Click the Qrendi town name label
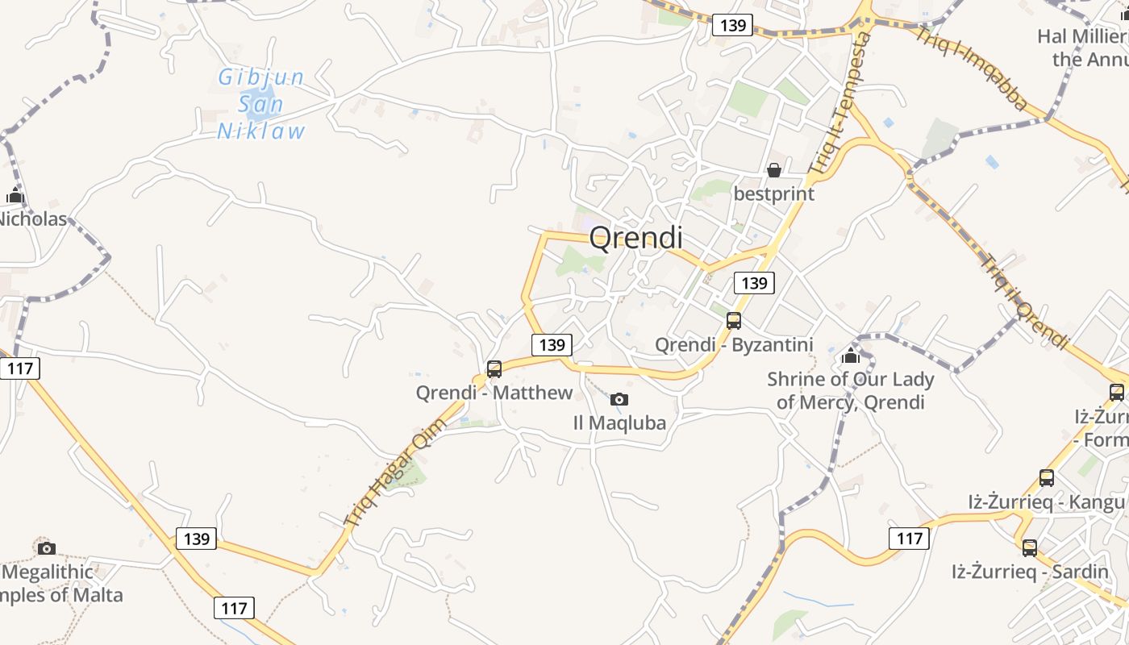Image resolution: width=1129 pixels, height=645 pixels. coord(635,238)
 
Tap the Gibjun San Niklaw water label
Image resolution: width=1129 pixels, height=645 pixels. coord(261,104)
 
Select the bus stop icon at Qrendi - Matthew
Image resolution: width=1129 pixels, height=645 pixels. coord(494,369)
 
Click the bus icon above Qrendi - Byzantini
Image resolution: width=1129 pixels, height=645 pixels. coord(734,320)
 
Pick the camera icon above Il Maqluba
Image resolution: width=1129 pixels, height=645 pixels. coord(619,399)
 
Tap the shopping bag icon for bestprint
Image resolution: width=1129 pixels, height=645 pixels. coord(773,170)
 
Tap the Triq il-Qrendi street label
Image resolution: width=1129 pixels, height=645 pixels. coord(1024,302)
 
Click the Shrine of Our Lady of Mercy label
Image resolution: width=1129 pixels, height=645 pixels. coord(850,390)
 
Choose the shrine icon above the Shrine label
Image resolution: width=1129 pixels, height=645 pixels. coord(850,355)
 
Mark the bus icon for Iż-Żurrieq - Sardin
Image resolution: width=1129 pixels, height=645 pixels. coord(1030,548)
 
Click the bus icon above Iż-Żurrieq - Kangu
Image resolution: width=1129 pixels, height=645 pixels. coord(1047,478)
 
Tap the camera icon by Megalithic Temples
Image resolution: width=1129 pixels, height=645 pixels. coord(47,548)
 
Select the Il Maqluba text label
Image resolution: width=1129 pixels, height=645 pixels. coord(619,422)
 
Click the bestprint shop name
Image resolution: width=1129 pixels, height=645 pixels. coord(773,194)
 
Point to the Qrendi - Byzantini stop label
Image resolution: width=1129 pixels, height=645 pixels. coord(733,345)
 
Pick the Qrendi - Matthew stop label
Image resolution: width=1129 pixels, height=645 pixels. coord(494,393)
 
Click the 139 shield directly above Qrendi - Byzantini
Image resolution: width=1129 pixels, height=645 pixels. coord(754,283)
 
